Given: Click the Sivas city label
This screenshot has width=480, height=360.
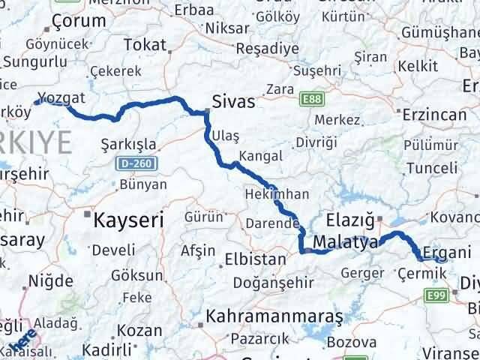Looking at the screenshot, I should pyautogui.click(x=233, y=102).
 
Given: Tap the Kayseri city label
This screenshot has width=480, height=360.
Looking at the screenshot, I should pyautogui.click(x=128, y=220).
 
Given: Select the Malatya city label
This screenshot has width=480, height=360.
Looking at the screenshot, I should pyautogui.click(x=345, y=242).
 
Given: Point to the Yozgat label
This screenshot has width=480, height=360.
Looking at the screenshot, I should pyautogui.click(x=61, y=98).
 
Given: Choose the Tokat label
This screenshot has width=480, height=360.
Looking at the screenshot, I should pyautogui.click(x=144, y=44).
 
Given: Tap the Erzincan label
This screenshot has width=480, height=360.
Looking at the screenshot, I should pyautogui.click(x=435, y=114).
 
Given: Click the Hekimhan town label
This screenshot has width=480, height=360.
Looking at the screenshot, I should pyautogui.click(x=277, y=194).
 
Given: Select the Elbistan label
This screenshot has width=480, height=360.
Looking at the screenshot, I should pyautogui.click(x=256, y=260).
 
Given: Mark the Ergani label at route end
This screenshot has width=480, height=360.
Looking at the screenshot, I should pyautogui.click(x=446, y=251).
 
